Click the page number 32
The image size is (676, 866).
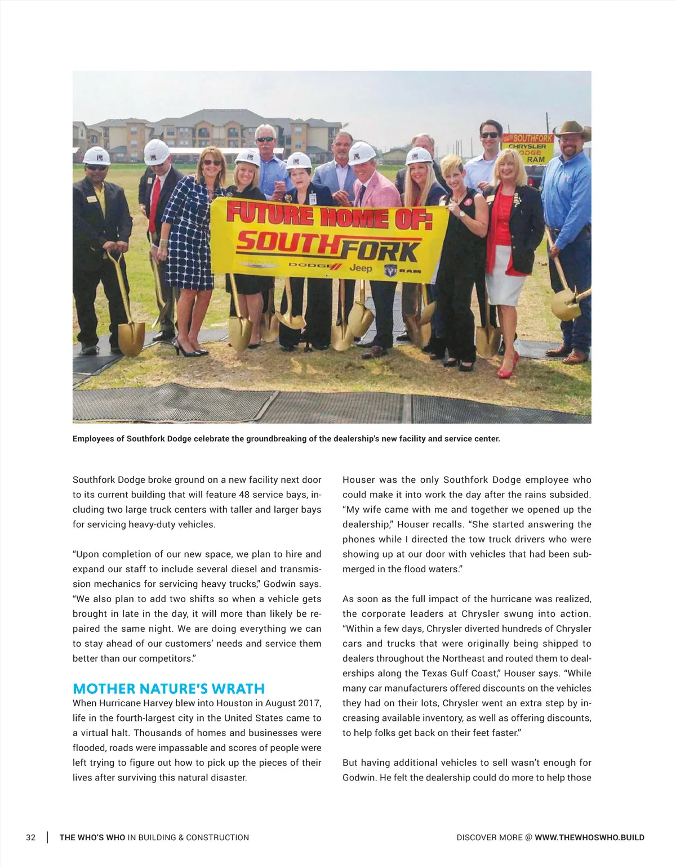(x=30, y=837)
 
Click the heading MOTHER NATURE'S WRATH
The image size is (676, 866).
(x=168, y=689)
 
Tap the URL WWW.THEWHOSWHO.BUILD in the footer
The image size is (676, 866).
(x=589, y=837)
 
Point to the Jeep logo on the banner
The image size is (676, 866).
(x=361, y=268)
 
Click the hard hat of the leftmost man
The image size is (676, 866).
(x=96, y=156)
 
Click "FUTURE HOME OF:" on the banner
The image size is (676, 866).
(x=329, y=216)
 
